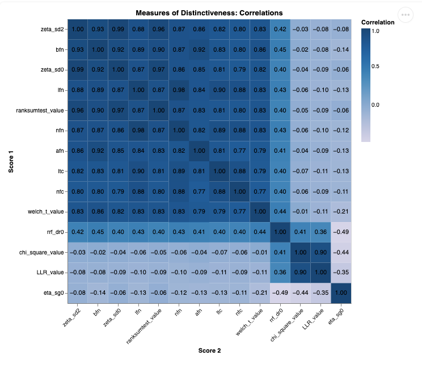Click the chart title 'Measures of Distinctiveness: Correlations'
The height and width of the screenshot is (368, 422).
(x=209, y=13)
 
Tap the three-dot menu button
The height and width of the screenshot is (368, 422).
(x=406, y=15)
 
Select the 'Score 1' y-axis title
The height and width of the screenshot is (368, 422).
(x=11, y=162)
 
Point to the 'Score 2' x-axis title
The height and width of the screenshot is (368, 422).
(x=209, y=350)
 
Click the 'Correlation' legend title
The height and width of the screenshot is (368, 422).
(x=378, y=22)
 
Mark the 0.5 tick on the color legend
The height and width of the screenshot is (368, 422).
(x=375, y=66)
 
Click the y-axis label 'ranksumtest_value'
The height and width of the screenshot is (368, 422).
(x=40, y=110)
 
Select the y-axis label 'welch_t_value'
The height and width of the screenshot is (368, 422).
(x=46, y=212)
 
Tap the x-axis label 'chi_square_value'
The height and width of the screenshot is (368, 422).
(x=286, y=325)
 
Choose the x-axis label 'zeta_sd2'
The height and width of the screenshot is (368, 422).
(x=71, y=318)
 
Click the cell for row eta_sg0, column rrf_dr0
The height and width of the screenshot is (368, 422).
(x=280, y=293)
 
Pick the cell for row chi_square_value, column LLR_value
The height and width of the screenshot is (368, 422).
(x=320, y=252)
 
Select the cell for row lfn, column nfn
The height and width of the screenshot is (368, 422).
(x=179, y=90)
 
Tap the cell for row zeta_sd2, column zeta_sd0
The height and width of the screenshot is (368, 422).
(x=118, y=30)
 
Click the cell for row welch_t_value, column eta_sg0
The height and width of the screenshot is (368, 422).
(x=341, y=212)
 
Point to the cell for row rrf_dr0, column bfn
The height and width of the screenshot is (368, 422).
(x=98, y=232)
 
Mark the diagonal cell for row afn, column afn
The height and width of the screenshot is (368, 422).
(x=199, y=151)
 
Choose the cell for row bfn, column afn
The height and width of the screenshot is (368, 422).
(x=199, y=49)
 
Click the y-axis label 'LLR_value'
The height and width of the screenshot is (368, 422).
(x=50, y=273)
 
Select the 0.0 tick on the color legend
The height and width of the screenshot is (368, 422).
(x=375, y=105)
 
